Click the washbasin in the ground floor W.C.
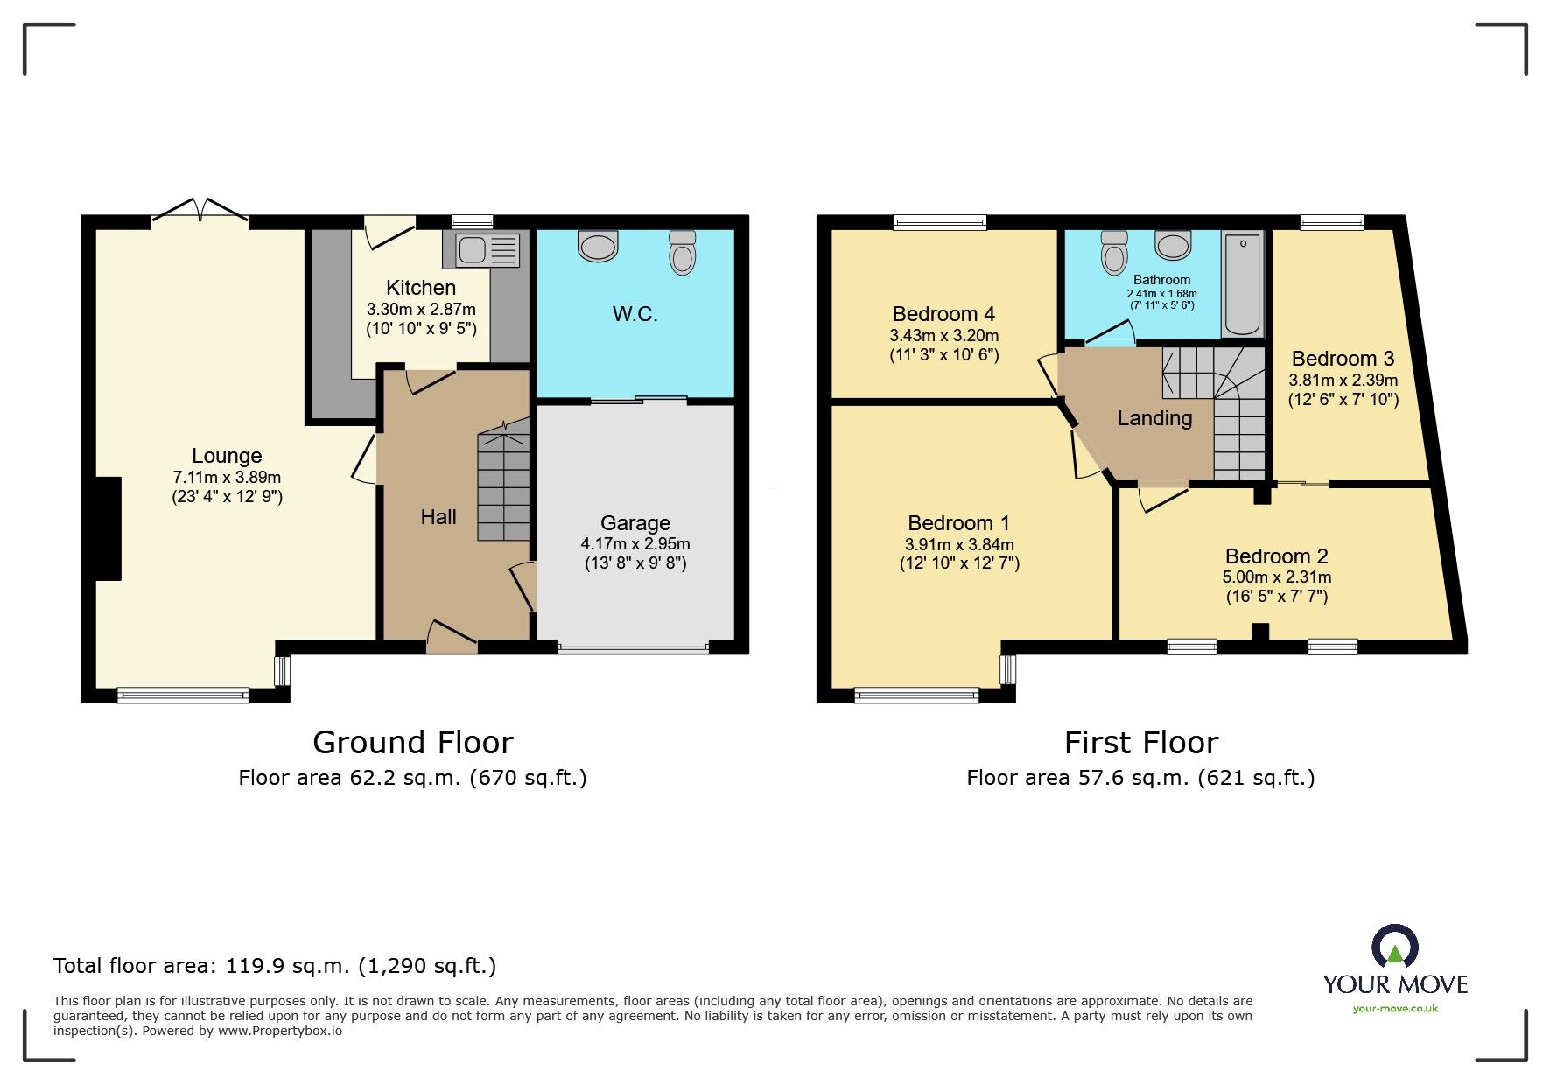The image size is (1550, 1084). click(x=599, y=245)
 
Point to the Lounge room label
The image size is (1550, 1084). click(x=227, y=456)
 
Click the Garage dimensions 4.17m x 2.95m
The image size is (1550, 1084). click(x=635, y=543)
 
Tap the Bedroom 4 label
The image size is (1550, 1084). click(x=943, y=313)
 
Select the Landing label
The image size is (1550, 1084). click(x=1154, y=418)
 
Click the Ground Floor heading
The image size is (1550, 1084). click(x=412, y=743)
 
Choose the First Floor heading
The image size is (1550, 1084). click(x=1140, y=743)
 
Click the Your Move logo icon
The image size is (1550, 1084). click(x=1394, y=948)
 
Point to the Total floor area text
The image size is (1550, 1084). click(x=275, y=966)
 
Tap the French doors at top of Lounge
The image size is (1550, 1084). click(x=200, y=210)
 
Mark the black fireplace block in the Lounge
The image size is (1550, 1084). click(x=108, y=528)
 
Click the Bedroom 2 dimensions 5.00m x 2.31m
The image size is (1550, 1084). click(x=1276, y=577)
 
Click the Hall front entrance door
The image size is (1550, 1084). click(x=452, y=637)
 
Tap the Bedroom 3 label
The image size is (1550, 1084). click(x=1343, y=359)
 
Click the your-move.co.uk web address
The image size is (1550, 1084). click(x=1395, y=1008)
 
